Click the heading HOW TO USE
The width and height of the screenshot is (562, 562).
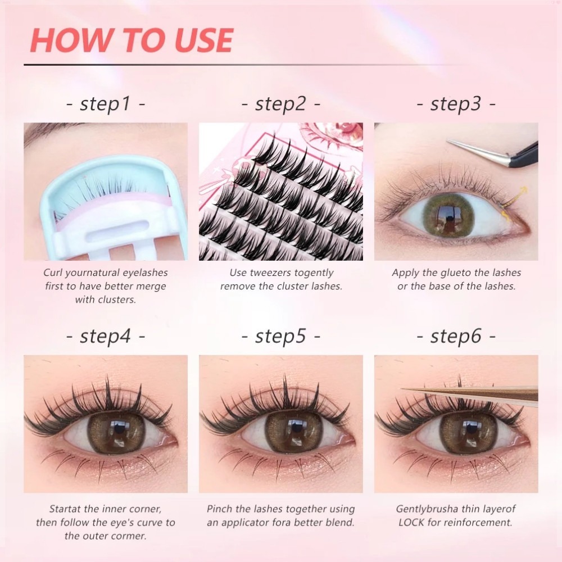(132, 39)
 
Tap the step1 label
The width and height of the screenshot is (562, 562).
(106, 104)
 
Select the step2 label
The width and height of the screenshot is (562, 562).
(281, 104)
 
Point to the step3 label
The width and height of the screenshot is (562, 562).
(456, 104)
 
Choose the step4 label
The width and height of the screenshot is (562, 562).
(106, 336)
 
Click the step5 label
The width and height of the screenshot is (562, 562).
(281, 336)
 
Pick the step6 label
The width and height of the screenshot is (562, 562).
(456, 336)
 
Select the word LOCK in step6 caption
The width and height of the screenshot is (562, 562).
(412, 522)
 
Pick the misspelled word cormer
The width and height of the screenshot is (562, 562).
(131, 536)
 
